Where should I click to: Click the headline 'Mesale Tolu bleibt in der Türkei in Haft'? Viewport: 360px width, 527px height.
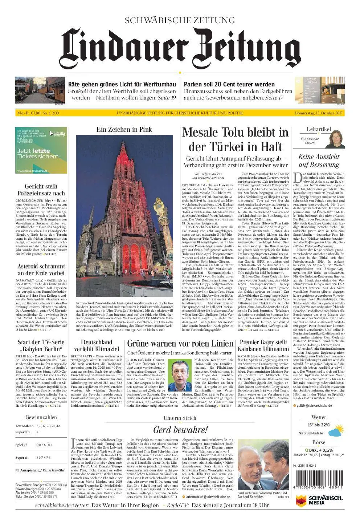point(235,140)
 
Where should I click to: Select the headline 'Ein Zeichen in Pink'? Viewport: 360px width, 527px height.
point(124,129)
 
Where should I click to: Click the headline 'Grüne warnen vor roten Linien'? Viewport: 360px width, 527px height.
point(180,343)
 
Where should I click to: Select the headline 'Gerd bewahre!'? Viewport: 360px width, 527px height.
point(180,430)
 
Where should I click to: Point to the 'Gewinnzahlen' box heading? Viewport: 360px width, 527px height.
point(37,417)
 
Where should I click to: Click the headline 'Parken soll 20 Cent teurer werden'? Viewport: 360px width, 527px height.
point(229,84)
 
